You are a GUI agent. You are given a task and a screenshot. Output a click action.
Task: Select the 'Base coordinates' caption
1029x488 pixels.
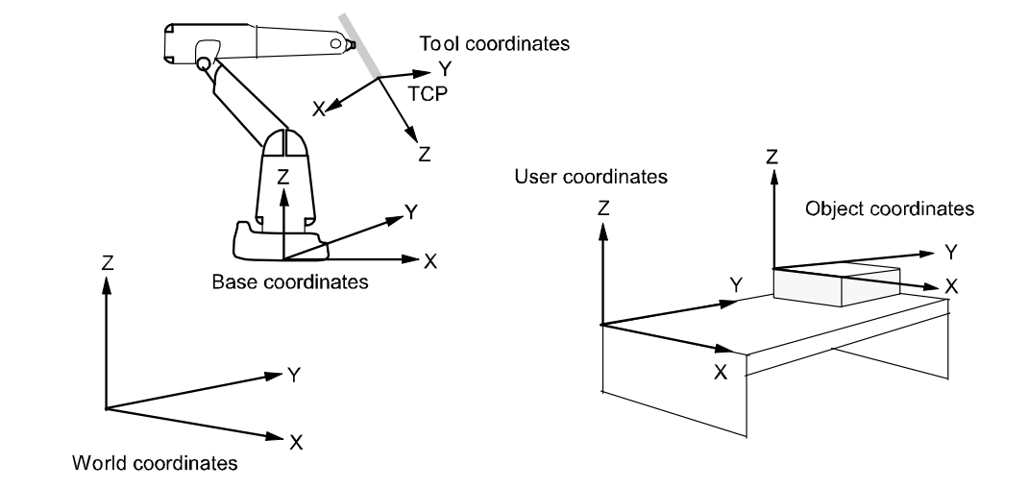click(x=290, y=282)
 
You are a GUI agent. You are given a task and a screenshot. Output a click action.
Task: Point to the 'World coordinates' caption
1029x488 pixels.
click(x=154, y=464)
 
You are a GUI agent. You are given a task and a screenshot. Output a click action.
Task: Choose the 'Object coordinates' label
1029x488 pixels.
click(x=890, y=207)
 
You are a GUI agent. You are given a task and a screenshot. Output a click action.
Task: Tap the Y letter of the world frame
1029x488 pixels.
click(x=295, y=376)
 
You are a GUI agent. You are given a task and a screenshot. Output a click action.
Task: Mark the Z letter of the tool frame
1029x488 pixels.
click(x=425, y=154)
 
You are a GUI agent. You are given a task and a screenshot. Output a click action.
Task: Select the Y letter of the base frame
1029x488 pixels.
click(x=410, y=212)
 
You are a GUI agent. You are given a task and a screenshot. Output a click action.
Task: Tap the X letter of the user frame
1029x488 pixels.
click(x=720, y=371)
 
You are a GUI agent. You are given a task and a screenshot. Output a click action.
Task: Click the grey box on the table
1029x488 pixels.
click(x=836, y=288)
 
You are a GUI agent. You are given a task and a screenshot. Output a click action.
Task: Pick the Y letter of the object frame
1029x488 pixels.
click(x=951, y=252)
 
